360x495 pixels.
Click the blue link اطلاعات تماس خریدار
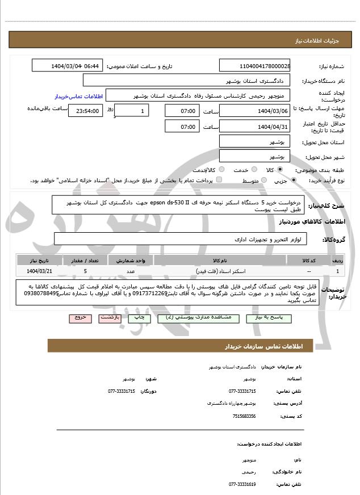pos(77,97)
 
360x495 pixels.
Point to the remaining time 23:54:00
pos(85,111)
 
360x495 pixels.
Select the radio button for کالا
pos(280,170)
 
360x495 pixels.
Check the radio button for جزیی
pos(293,181)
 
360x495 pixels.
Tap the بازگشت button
pos(110,318)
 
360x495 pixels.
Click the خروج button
pos(79,318)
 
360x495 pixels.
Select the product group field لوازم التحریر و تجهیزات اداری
pos(187,240)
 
